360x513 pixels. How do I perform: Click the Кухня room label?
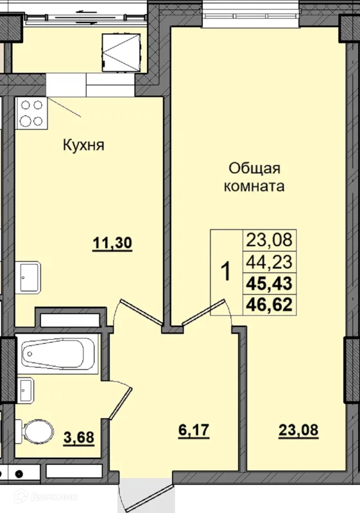click(83, 145)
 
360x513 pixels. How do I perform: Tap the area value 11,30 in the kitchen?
click(112, 244)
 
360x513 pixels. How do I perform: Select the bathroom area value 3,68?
click(79, 437)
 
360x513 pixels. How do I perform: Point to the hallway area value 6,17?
click(194, 430)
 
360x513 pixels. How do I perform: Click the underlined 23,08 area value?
click(298, 430)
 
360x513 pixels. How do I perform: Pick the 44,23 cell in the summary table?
click(269, 262)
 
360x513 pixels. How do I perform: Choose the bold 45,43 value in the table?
click(269, 283)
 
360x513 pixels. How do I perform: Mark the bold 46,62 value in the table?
click(269, 305)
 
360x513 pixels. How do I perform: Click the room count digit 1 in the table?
click(226, 272)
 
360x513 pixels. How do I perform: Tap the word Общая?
click(255, 169)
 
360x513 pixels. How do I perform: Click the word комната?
click(254, 187)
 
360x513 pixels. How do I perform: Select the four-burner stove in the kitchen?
click(31, 114)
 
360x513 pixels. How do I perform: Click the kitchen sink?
click(28, 278)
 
